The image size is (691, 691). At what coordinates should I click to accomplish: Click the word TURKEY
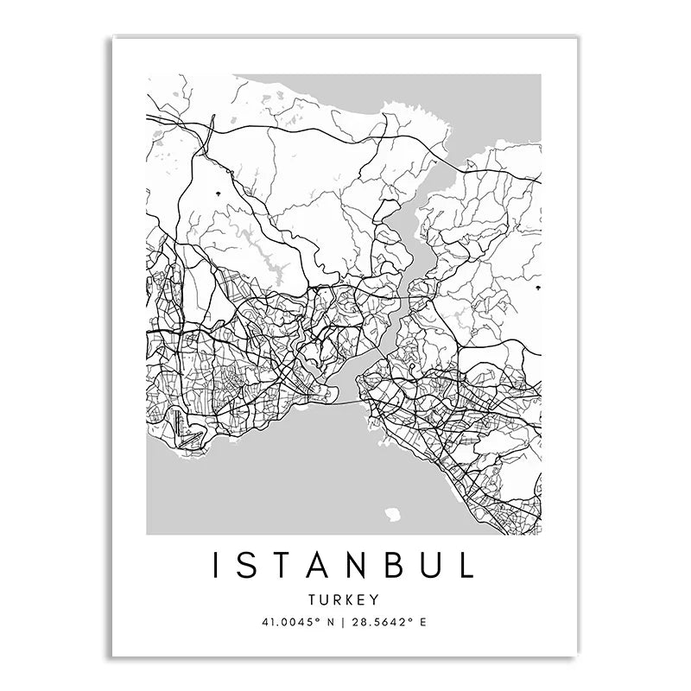(345, 598)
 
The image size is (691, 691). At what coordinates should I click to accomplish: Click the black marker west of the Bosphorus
(219, 192)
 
